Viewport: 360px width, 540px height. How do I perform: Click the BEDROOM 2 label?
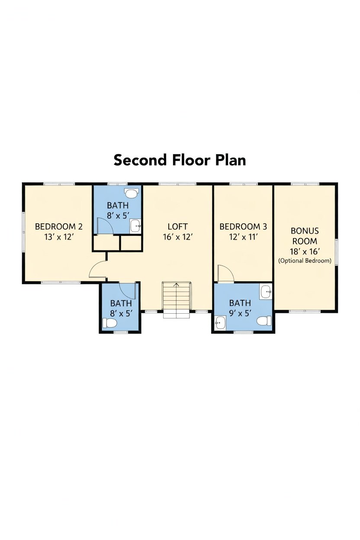[59, 227]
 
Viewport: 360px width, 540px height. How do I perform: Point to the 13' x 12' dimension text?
[59, 237]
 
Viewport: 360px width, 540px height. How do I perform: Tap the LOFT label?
[177, 227]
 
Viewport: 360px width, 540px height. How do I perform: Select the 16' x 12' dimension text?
[178, 237]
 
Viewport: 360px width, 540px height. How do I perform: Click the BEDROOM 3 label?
[243, 227]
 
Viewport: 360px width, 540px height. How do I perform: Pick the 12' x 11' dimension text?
[244, 237]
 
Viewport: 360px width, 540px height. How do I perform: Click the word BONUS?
[305, 231]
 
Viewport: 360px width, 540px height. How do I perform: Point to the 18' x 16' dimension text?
[305, 252]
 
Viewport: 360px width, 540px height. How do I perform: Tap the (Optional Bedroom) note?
[305, 261]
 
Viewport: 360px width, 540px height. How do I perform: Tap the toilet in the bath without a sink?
[110, 323]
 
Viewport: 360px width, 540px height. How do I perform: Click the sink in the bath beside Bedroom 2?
[135, 226]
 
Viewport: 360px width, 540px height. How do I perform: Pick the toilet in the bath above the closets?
[132, 193]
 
